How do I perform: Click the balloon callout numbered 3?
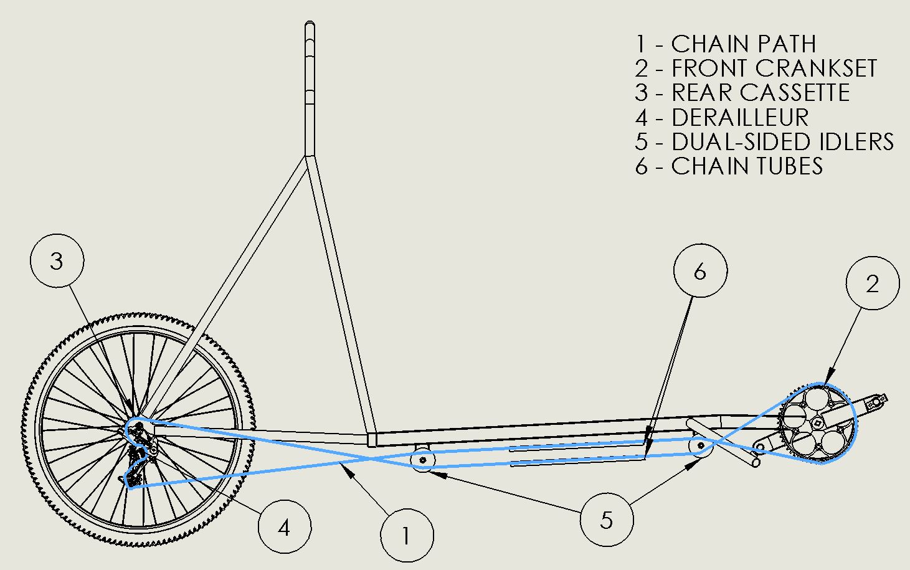57,260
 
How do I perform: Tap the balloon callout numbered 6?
700,272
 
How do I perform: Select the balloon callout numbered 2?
872,283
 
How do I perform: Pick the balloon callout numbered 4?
284,528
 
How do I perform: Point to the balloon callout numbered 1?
406,535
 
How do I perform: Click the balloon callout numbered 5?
606,520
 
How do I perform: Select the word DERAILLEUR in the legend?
740,117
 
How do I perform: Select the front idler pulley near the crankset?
701,445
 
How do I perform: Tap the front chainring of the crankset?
818,424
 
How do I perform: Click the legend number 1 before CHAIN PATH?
641,44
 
